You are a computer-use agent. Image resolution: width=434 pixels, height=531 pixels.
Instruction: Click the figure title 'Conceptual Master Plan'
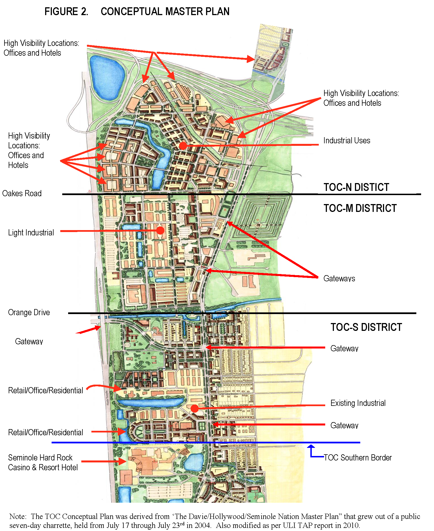coord(165,11)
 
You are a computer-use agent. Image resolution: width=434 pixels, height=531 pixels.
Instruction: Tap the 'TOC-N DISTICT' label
coord(356,187)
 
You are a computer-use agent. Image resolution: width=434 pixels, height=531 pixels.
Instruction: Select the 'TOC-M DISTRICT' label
coord(360,208)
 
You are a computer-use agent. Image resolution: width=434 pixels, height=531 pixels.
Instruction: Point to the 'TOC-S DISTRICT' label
coord(366,327)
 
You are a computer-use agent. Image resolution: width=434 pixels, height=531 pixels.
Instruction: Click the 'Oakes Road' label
coord(22,193)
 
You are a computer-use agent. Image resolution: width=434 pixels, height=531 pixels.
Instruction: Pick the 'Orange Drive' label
coord(29,312)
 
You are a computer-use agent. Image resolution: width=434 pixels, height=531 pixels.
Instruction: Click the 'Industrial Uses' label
coord(347,141)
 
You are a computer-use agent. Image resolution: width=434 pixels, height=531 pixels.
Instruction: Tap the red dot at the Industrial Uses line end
coord(183,146)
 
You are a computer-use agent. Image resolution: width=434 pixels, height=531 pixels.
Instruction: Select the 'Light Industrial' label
coord(31,233)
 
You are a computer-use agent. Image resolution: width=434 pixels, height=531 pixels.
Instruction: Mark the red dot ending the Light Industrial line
coord(160,230)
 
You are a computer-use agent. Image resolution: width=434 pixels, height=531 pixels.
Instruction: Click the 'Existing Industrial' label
coord(358,403)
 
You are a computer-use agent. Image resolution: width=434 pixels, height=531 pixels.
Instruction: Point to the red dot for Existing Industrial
coord(195,408)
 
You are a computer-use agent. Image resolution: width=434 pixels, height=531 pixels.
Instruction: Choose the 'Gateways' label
coord(339,279)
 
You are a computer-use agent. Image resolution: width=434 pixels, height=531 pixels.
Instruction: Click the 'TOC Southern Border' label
coord(358,458)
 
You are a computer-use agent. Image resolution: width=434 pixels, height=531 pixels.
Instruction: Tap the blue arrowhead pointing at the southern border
coord(311,446)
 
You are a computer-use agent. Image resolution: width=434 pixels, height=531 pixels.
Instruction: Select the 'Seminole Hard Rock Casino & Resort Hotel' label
coord(43,462)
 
